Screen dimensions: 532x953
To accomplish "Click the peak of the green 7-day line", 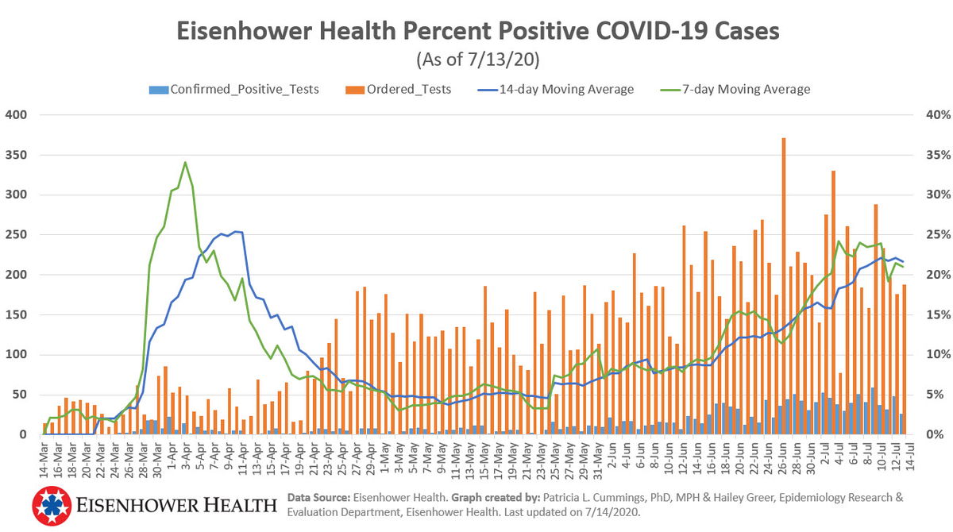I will pos(185,163).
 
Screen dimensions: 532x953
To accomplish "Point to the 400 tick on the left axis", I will pos(16,114).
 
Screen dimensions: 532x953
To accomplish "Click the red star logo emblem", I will pos(52,506).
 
